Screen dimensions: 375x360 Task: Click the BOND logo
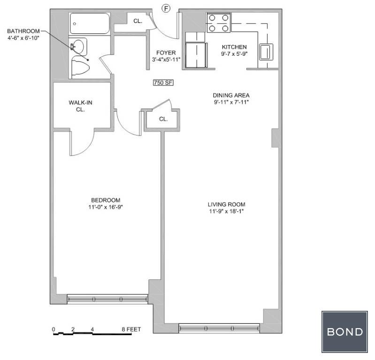coord(344,332)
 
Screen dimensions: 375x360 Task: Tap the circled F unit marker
coord(166,8)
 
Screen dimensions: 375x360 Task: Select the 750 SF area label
coord(163,82)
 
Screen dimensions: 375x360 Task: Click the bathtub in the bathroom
coord(90,23)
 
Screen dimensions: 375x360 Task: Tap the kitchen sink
coord(266,52)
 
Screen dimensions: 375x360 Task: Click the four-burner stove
coord(219,22)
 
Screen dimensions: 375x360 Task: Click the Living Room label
coord(227,204)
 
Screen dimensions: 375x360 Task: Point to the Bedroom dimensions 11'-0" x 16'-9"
coord(106,207)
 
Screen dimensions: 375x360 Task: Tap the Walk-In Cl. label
coord(80,106)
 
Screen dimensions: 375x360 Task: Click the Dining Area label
coord(231,95)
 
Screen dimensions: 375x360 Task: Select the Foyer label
coord(166,53)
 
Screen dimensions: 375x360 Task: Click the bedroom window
coord(107,299)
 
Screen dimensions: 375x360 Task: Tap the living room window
coord(219,328)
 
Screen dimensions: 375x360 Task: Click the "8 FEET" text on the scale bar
coord(131,330)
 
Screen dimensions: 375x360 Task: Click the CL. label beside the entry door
coord(138,21)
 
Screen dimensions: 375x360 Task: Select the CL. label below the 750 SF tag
coord(163,119)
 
